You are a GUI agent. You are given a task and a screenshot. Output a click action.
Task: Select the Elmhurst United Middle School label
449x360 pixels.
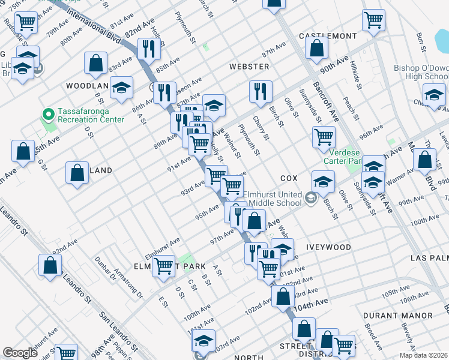(272, 199)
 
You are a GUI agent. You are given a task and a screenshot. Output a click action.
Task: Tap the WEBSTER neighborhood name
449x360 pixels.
(249, 66)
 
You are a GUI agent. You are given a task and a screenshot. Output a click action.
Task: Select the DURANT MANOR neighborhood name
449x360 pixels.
(398, 315)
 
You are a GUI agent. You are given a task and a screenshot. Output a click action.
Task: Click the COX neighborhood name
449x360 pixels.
(289, 179)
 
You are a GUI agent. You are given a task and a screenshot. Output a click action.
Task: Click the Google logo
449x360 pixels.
(20, 353)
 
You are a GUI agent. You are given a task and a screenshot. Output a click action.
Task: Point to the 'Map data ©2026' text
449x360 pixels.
(424, 355)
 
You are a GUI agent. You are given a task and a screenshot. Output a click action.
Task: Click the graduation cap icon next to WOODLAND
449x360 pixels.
(121, 90)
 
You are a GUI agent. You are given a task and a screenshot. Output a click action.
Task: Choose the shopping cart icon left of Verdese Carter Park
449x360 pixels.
(324, 137)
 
